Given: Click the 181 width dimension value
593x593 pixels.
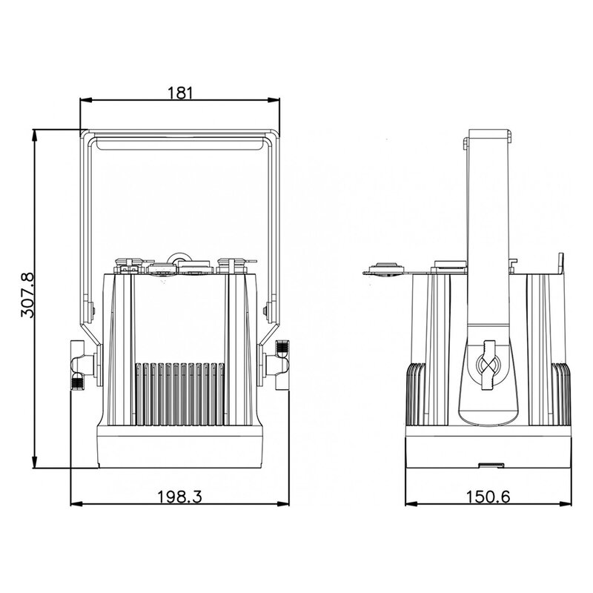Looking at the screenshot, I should [x=180, y=93].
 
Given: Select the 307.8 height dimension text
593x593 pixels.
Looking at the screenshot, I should [x=27, y=295].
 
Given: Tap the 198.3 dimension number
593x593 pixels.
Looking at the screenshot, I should [x=179, y=496].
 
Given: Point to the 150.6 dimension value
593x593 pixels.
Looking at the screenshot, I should [x=488, y=496].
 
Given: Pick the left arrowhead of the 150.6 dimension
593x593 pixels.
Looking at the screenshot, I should [x=410, y=503].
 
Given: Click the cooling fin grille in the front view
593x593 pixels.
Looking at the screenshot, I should [x=181, y=393].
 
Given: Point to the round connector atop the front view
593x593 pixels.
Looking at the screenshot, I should [x=179, y=261].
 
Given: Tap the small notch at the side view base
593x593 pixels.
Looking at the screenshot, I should [x=490, y=465].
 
